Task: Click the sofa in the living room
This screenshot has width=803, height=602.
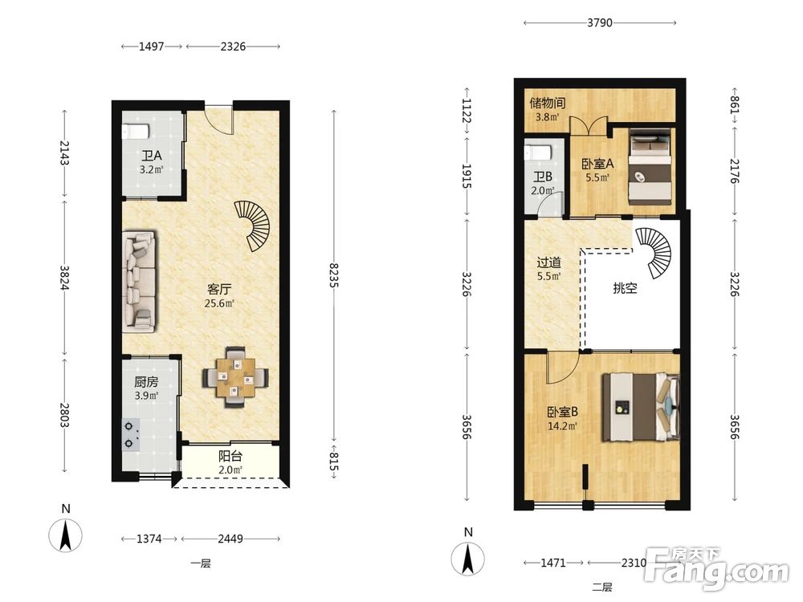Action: (140, 280)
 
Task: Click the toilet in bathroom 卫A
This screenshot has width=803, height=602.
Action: (136, 131)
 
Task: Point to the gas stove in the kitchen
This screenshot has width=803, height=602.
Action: (131, 434)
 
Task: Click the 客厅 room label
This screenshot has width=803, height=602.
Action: (219, 289)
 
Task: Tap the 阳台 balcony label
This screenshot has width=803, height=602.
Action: (230, 456)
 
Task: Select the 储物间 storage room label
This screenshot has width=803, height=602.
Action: (548, 103)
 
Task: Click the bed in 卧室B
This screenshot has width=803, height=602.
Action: (641, 407)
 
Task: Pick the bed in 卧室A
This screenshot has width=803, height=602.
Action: (650, 166)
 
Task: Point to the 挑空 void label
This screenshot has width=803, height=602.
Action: (625, 288)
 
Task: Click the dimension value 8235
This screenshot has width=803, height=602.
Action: (334, 275)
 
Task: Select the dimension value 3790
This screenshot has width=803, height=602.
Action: (599, 22)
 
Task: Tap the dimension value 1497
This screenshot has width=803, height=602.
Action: (152, 47)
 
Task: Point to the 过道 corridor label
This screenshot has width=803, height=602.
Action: (549, 262)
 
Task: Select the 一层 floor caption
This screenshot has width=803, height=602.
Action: (201, 563)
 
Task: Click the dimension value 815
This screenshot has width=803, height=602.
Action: (334, 461)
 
